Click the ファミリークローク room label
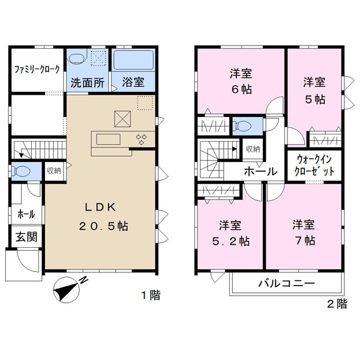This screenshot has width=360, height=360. pos(37,69)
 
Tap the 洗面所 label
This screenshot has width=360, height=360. pos(87,83)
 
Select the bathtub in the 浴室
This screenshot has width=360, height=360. pos(133,59)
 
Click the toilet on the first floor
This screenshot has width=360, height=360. pos(21,171)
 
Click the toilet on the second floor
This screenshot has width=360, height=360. pos(242,126)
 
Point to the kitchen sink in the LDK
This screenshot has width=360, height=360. pos(109,139)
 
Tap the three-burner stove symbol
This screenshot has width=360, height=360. pos(142,139)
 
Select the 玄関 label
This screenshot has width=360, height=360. pos(26,237)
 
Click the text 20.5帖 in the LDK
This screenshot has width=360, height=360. pos(104,226)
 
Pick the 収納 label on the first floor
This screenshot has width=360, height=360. pos(54,170)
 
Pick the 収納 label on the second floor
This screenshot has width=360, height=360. pos(253,149)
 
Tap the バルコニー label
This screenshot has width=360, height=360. pos(287,283)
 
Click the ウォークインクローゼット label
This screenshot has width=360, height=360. pos(314,166)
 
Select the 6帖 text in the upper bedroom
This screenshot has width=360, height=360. pos(242,89)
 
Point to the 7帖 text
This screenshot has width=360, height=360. pos(305,241)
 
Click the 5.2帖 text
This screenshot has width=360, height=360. pos(231,241)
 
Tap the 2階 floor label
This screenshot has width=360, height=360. pos(337,304)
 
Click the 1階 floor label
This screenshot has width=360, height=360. pos(151,295)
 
